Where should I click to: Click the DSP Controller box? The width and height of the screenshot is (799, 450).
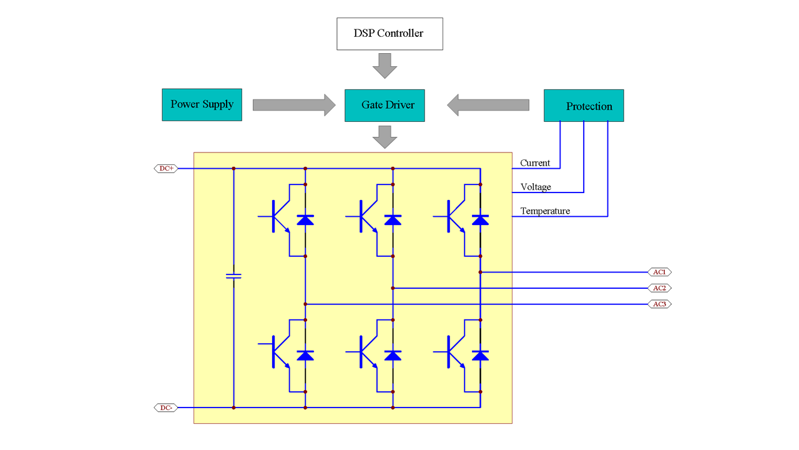pyautogui.click(x=390, y=34)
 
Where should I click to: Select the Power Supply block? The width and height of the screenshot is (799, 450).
pyautogui.click(x=202, y=104)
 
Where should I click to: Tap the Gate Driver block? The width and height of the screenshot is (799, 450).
pyautogui.click(x=385, y=105)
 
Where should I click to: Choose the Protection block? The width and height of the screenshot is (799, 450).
pyautogui.click(x=584, y=106)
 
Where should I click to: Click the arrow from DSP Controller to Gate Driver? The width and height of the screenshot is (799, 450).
pyautogui.click(x=385, y=65)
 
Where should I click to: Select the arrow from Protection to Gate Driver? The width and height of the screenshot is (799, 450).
pyautogui.click(x=488, y=105)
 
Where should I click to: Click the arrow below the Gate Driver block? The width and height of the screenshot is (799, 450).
pyautogui.click(x=385, y=137)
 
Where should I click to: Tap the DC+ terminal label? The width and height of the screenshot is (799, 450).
pyautogui.click(x=165, y=169)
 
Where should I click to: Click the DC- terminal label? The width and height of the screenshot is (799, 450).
pyautogui.click(x=165, y=407)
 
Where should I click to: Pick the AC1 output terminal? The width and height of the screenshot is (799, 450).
pyautogui.click(x=660, y=272)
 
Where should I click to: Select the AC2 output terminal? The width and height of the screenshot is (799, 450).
pyautogui.click(x=660, y=288)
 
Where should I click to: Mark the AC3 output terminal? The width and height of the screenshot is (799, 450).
pyautogui.click(x=660, y=304)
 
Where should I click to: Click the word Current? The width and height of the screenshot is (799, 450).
pyautogui.click(x=535, y=163)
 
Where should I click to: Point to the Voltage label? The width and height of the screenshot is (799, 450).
pyautogui.click(x=536, y=187)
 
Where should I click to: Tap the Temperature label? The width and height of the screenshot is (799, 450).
pyautogui.click(x=545, y=211)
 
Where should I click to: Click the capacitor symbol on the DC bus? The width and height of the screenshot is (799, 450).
pyautogui.click(x=233, y=276)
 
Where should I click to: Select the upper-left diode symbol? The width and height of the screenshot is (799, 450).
pyautogui.click(x=305, y=220)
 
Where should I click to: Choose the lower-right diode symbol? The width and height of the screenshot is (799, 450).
pyautogui.click(x=480, y=356)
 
